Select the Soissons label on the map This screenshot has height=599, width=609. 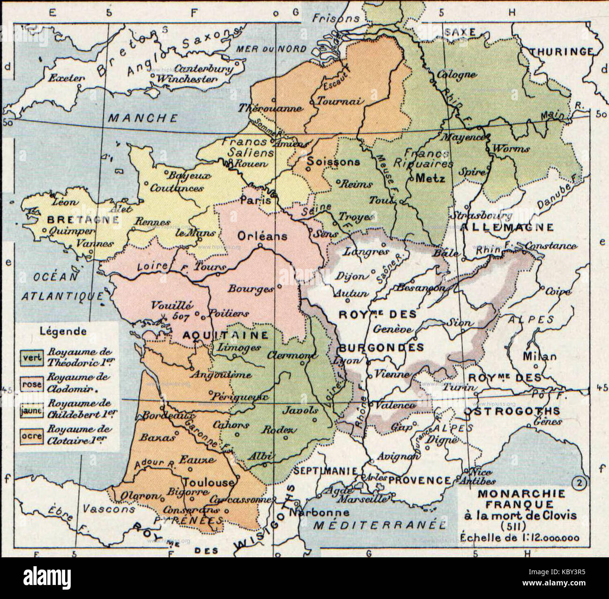(333, 162)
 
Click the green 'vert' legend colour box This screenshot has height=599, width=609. (31, 357)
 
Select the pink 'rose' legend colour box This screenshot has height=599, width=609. (31, 384)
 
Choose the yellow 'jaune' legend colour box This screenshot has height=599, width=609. (31, 410)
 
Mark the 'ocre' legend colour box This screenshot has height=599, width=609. (31, 436)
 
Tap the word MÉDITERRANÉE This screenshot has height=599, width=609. (379, 525)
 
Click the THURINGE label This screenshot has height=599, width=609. (562, 52)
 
